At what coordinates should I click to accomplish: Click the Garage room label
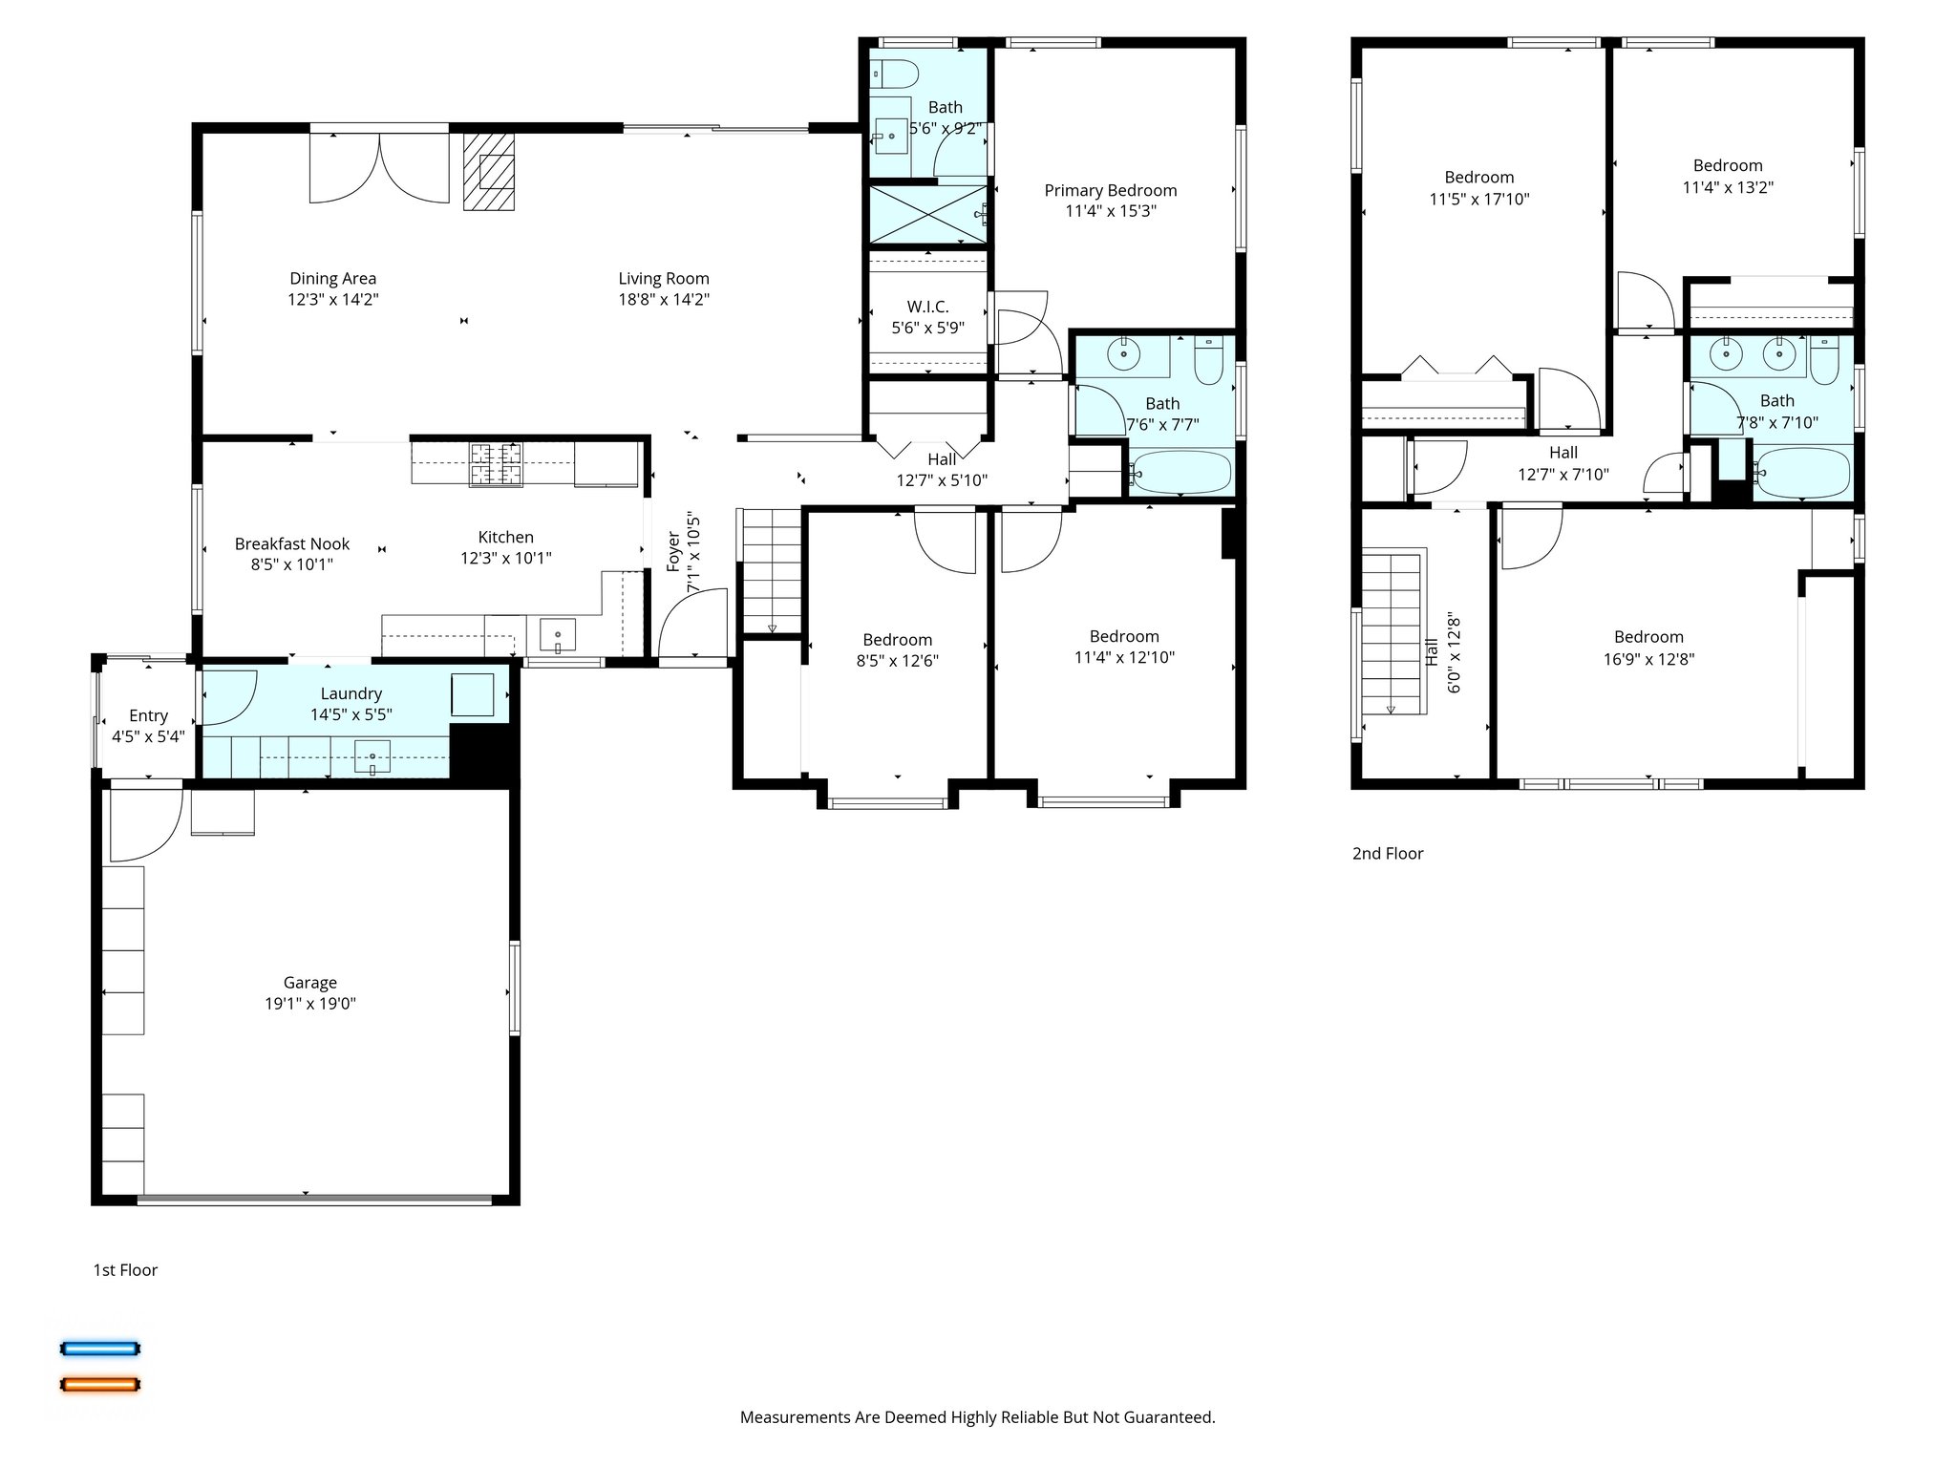click(309, 982)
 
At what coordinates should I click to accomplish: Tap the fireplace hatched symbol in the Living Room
click(488, 171)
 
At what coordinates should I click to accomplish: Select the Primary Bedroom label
click(1110, 190)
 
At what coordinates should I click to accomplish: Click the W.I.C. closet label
click(927, 307)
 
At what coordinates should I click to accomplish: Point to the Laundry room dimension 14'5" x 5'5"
click(351, 714)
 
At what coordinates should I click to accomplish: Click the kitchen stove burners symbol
click(495, 464)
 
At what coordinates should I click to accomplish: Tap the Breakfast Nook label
click(292, 543)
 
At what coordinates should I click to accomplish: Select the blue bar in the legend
click(100, 1349)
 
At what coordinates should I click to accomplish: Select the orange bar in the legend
click(100, 1384)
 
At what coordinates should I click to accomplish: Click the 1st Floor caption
click(124, 1269)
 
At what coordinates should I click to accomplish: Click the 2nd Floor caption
click(1387, 853)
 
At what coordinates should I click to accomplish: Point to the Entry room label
click(148, 715)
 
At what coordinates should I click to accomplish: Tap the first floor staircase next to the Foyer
click(771, 570)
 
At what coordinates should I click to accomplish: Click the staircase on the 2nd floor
click(1393, 631)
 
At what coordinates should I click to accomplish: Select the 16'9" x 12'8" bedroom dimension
click(1648, 658)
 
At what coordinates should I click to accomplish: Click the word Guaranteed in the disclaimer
click(1168, 1417)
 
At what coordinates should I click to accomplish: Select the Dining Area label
click(332, 278)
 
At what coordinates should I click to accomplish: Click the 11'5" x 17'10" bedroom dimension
click(1478, 199)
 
